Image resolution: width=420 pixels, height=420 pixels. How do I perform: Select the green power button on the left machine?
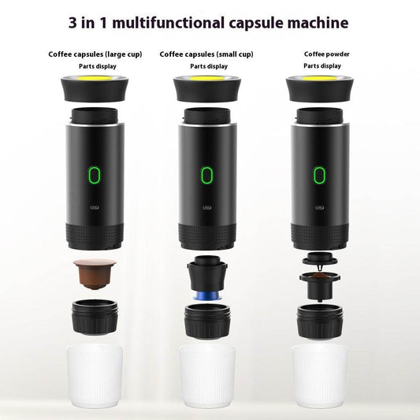(x=94, y=175)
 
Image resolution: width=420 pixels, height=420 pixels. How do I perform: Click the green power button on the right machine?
(x=320, y=175)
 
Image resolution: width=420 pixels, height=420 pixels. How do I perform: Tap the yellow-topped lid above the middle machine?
(x=207, y=88)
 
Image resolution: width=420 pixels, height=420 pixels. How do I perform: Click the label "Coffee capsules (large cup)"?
(x=97, y=54)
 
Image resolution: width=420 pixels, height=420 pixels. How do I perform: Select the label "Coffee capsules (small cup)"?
(x=207, y=54)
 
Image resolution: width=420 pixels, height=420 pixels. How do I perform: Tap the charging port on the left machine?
(x=94, y=210)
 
